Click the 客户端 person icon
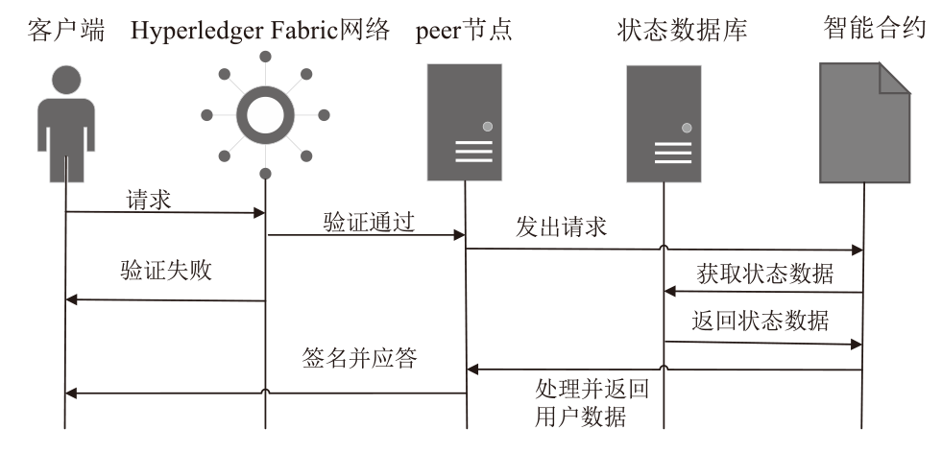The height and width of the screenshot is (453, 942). pos(65,120)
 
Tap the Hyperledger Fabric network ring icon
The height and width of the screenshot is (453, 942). pos(264,115)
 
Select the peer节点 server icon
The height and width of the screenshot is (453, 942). pos(466,122)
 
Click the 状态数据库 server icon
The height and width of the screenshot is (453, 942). pos(664,124)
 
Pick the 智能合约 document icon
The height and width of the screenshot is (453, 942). pos(864,122)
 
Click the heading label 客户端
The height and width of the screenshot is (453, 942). pos(65,29)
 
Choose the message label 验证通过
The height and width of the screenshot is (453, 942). pos(369,222)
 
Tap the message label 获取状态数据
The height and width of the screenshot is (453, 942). pos(765,274)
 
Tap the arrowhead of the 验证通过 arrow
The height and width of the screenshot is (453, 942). pos(460,234)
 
